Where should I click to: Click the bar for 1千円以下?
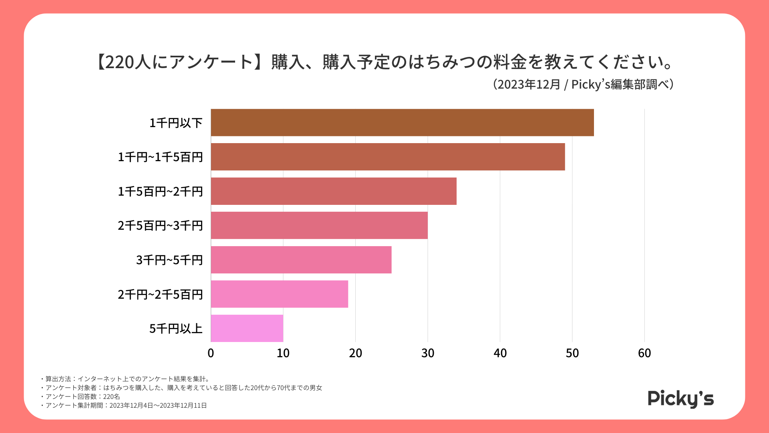(x=402, y=123)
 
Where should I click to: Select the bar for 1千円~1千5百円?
(x=388, y=157)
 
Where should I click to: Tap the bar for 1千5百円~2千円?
(x=334, y=191)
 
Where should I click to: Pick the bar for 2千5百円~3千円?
(x=319, y=225)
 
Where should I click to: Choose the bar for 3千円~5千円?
(x=301, y=260)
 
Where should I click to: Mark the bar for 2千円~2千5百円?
(x=280, y=294)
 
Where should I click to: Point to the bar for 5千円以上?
(x=247, y=328)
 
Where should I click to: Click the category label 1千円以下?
(x=176, y=123)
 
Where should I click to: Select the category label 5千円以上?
(x=176, y=329)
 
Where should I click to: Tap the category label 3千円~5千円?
(x=169, y=260)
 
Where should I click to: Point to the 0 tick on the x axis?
(x=211, y=353)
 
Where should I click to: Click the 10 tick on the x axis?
(x=283, y=353)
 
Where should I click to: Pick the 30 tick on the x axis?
(x=428, y=353)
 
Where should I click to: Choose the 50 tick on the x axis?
(x=572, y=353)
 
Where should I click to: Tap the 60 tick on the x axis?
(x=644, y=353)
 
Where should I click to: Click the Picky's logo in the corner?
(x=680, y=399)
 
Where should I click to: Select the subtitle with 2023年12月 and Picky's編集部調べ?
(x=583, y=84)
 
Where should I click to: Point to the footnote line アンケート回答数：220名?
(x=83, y=397)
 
